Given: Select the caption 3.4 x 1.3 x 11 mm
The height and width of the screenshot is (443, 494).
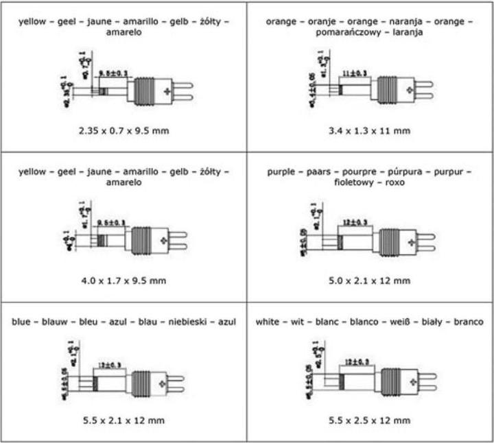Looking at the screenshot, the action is click(x=370, y=130).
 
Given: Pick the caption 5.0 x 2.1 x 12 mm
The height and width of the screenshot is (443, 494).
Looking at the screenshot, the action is click(x=370, y=280).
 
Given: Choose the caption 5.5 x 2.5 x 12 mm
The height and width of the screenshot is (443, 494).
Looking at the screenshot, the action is click(x=370, y=420).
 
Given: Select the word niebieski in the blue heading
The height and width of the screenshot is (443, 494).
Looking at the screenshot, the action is click(x=185, y=321).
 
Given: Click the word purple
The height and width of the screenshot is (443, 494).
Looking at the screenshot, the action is click(x=281, y=171).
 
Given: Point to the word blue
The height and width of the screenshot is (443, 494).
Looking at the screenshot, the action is click(x=23, y=321).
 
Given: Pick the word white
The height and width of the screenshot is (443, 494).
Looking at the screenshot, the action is click(x=268, y=321).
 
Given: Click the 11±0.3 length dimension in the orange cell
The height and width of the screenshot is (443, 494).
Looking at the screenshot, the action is click(x=354, y=71).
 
